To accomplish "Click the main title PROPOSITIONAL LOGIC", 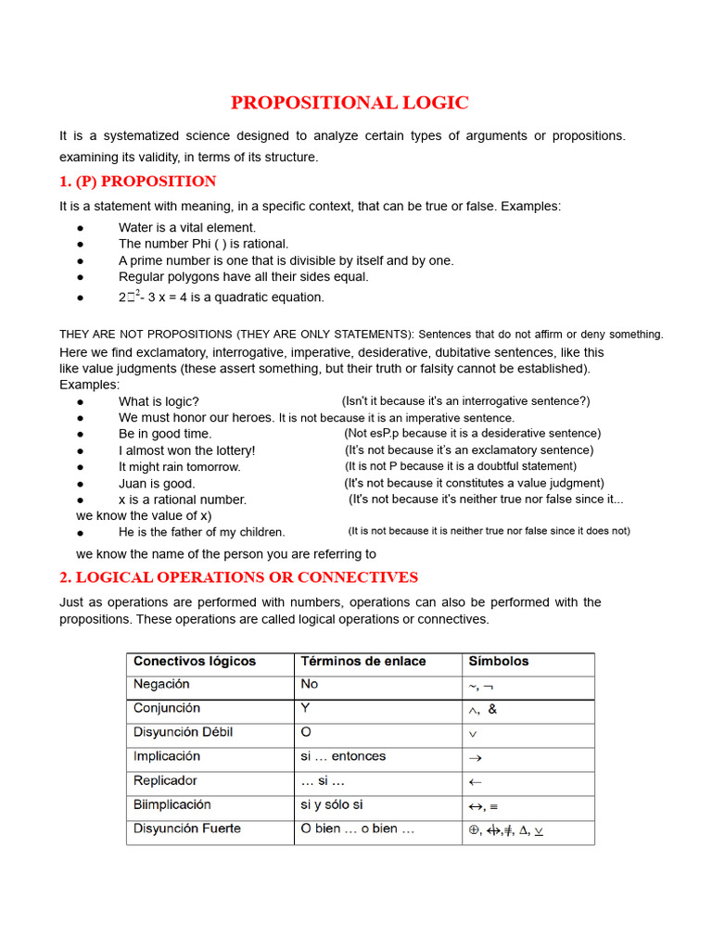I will coord(350,103).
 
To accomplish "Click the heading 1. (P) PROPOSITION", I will coord(137,182).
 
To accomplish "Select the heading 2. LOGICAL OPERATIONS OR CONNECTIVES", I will coord(238,577).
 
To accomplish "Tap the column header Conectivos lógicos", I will coord(195,662).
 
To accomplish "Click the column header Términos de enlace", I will coord(363,662).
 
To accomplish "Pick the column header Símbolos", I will coord(499,662).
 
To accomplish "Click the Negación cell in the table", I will coord(161,684).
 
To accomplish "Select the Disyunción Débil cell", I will coord(183,732).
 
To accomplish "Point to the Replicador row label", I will coord(165,780).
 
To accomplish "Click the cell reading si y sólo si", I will coord(331,804).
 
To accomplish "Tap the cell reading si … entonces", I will coord(343,756).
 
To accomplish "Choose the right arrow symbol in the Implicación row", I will coord(475,758).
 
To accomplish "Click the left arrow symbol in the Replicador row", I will coord(475,782).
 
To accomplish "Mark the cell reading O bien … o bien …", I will coord(357,829).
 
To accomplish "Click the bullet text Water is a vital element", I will coord(187,227).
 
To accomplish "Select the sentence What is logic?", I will coord(159,401).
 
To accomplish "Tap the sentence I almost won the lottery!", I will coord(186,450).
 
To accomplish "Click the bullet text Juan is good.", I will coord(157,483).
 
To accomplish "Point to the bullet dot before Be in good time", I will coord(82,434).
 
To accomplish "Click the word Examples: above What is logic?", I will coord(90,385).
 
